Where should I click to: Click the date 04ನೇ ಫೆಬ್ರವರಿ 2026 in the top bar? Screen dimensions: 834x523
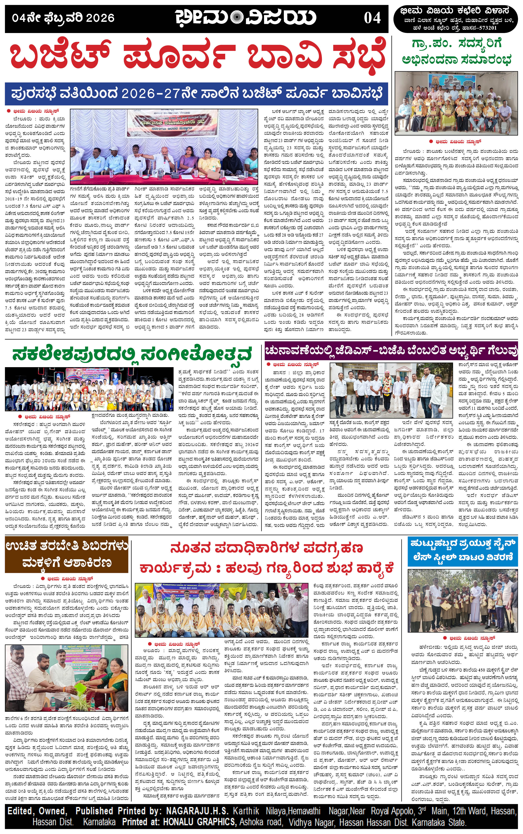click(x=63, y=18)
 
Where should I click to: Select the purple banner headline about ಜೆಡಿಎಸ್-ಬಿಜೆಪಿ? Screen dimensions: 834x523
click(x=391, y=351)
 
